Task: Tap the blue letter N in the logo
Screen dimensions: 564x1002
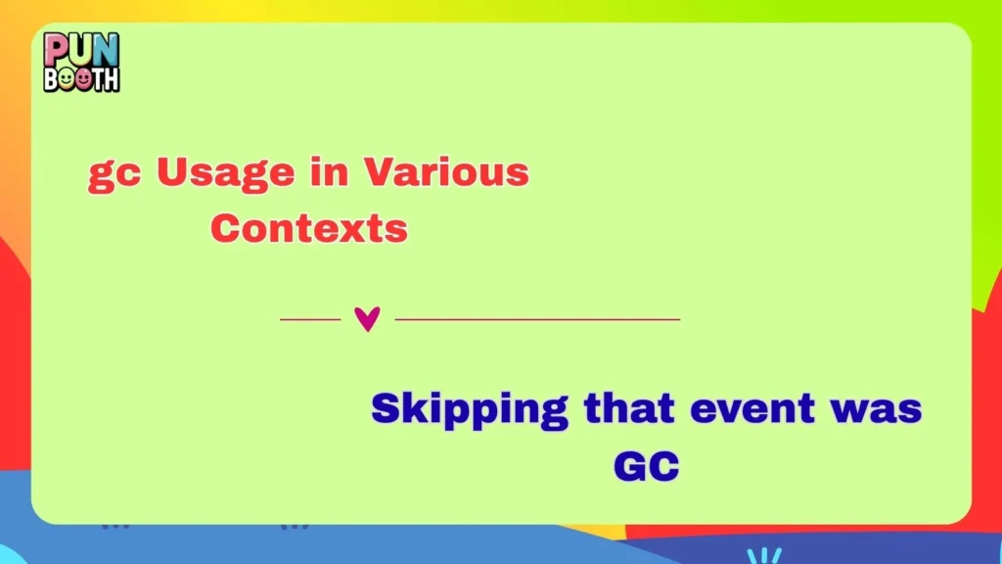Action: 103,49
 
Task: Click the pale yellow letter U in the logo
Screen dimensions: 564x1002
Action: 79,49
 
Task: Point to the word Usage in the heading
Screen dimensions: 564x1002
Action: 225,174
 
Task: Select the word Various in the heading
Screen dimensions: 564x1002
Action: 446,172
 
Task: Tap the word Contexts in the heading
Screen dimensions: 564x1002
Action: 308,228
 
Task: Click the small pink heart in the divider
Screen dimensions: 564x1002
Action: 367,319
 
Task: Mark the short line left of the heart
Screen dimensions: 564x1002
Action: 309,319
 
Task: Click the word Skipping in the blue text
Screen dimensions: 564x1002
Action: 470,409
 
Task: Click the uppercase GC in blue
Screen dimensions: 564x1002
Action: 646,466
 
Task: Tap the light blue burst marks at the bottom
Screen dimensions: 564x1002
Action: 764,555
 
